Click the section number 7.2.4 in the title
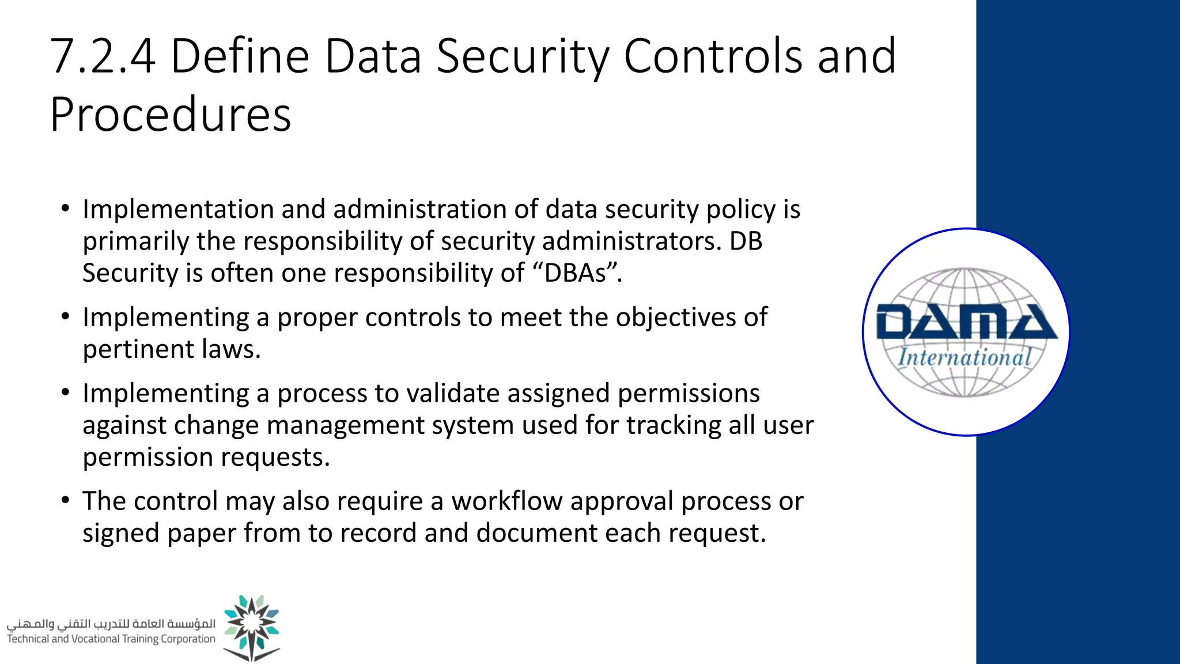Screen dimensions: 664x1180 click(x=103, y=56)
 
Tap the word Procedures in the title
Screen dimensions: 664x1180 click(x=171, y=114)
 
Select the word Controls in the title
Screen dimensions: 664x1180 click(x=713, y=56)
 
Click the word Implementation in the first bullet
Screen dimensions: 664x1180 click(x=177, y=210)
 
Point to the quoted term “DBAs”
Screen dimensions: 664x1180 click(x=574, y=273)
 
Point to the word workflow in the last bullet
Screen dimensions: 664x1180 click(x=506, y=501)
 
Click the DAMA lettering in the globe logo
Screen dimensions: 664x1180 click(x=966, y=322)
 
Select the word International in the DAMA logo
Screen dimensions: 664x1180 click(x=965, y=358)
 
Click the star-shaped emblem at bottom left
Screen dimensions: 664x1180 click(x=252, y=625)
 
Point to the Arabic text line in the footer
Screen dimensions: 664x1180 click(x=111, y=624)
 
